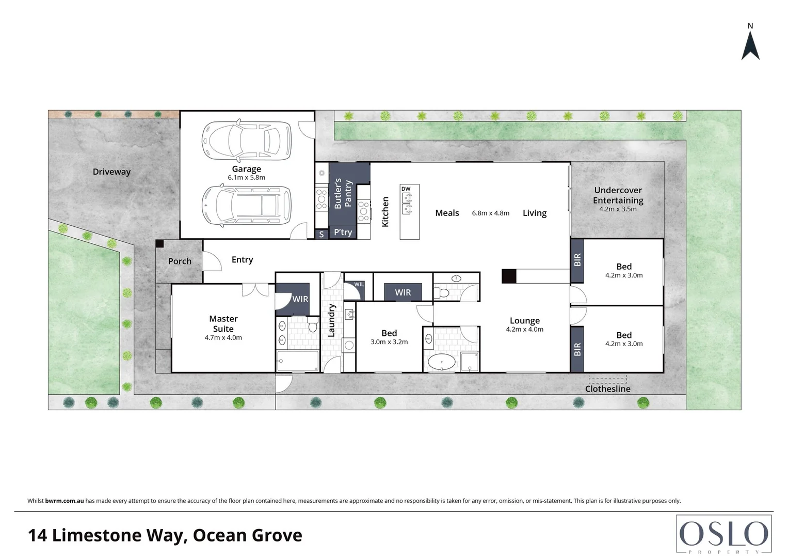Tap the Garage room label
click(x=246, y=169)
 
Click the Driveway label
click(x=111, y=172)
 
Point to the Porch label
click(x=180, y=261)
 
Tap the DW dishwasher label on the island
click(x=406, y=189)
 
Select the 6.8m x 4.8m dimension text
click(x=490, y=213)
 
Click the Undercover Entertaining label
click(x=618, y=195)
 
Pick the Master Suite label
click(x=223, y=324)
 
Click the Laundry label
click(x=332, y=320)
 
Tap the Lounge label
click(x=524, y=321)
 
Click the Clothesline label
click(x=607, y=389)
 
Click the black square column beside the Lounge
click(x=509, y=276)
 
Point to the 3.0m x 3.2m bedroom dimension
click(x=389, y=342)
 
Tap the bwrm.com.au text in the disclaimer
click(x=65, y=501)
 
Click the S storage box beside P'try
click(x=321, y=235)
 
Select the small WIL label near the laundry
click(x=359, y=285)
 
